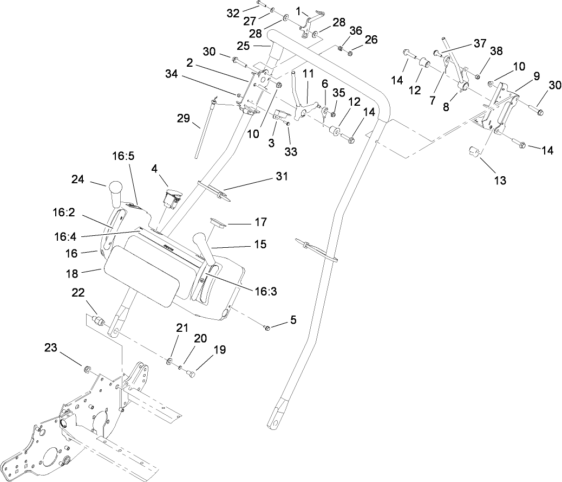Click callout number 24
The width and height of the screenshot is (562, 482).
pyautogui.click(x=79, y=179)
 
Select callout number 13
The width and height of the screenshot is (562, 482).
pyautogui.click(x=500, y=180)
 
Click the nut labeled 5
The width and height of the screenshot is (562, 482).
pyautogui.click(x=267, y=327)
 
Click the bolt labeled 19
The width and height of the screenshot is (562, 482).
pyautogui.click(x=190, y=373)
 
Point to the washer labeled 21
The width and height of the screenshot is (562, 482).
pyautogui.click(x=171, y=361)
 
